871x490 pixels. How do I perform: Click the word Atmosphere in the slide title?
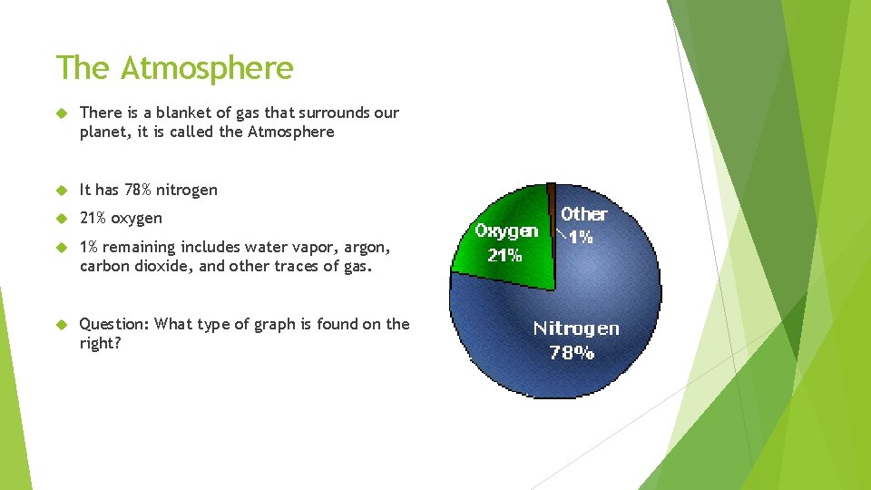[x=207, y=68]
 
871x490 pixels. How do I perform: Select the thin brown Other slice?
[x=551, y=197]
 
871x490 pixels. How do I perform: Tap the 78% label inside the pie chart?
[x=573, y=352]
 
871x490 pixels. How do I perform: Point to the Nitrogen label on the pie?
[x=576, y=328]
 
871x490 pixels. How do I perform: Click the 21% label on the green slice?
[x=505, y=255]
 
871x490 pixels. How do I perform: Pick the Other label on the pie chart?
[x=583, y=214]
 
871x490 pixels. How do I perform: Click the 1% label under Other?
[x=580, y=237]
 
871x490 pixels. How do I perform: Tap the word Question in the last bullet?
[x=114, y=324]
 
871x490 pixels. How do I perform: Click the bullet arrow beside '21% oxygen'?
[x=63, y=218]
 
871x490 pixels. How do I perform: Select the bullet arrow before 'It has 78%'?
[x=63, y=190]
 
